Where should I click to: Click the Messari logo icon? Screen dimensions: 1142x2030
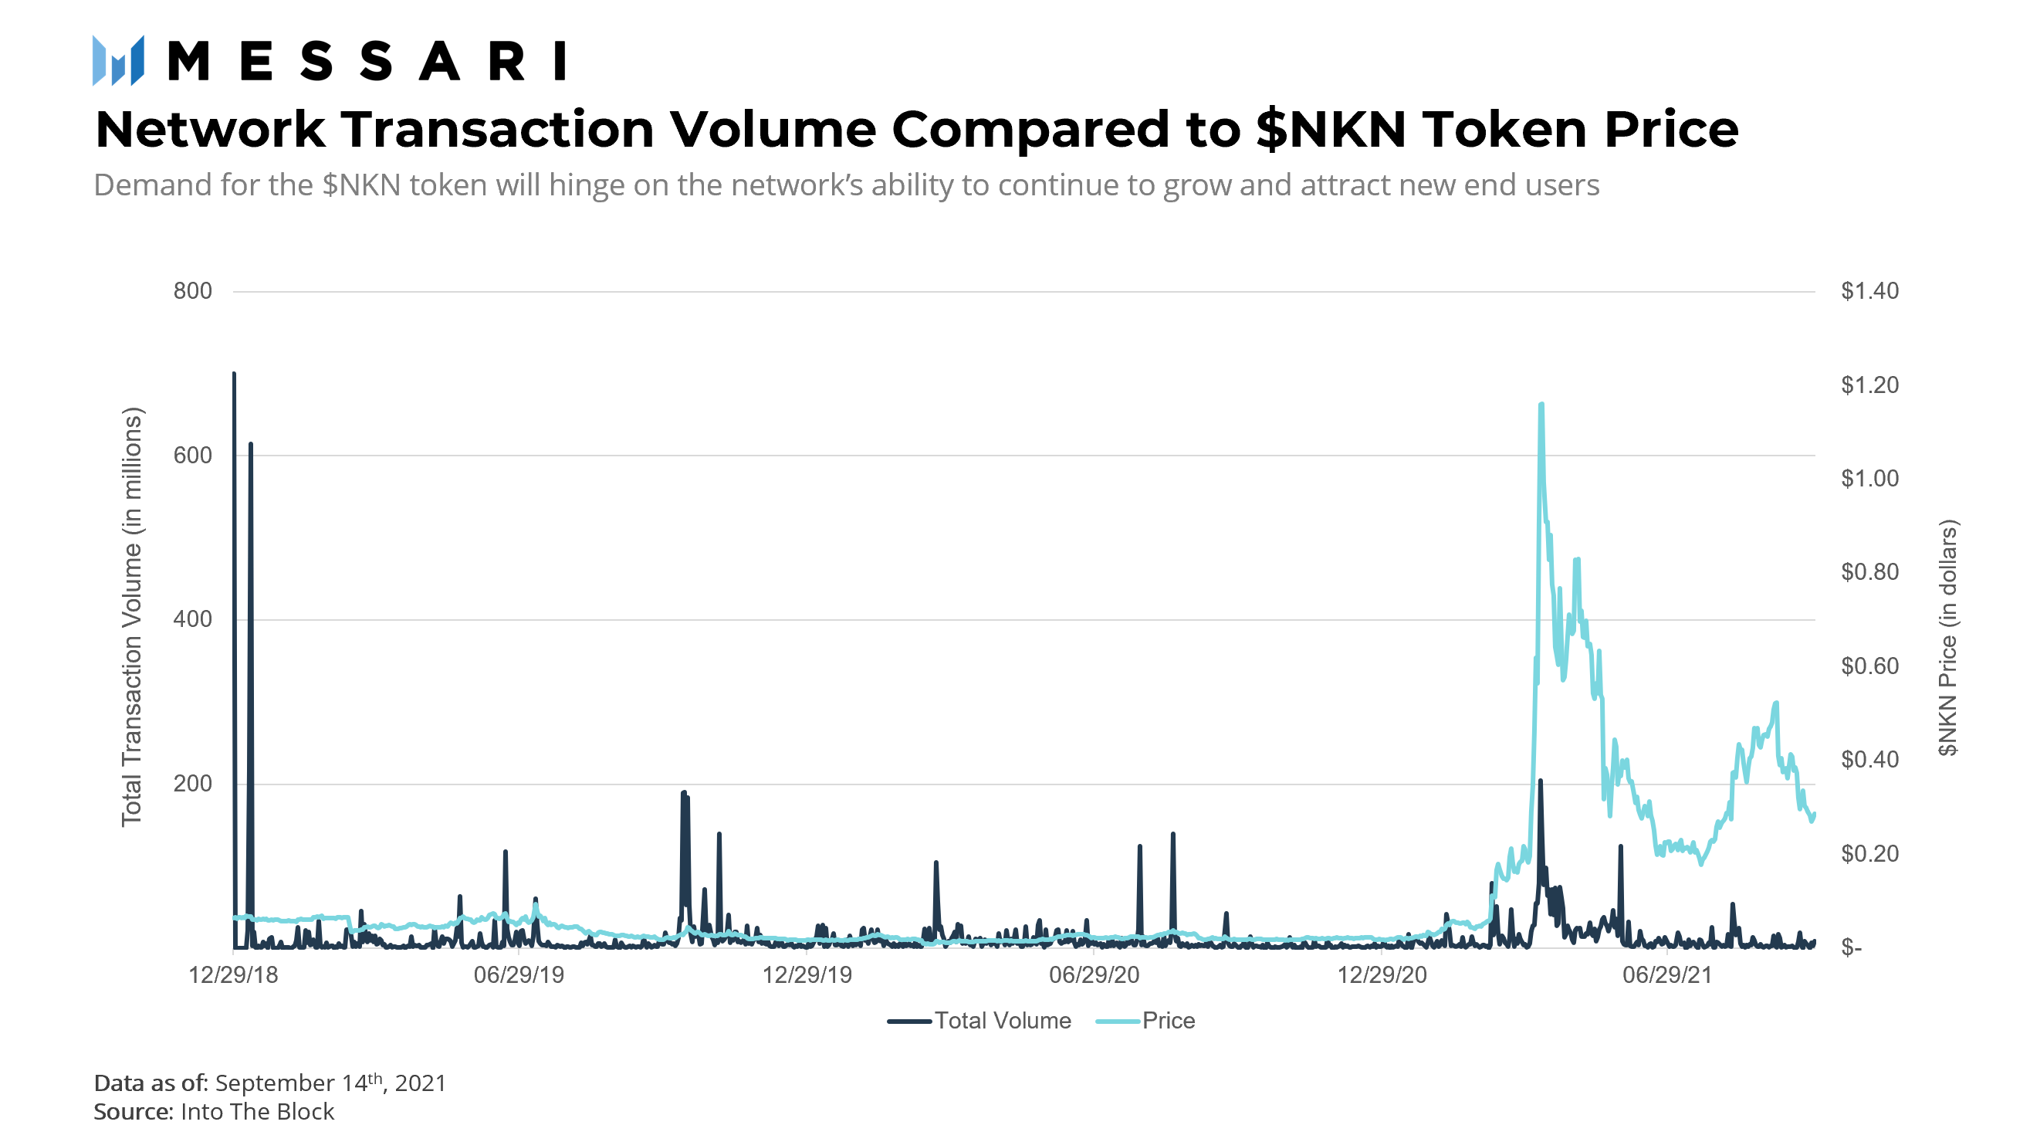coord(118,61)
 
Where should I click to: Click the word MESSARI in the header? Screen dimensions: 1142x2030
coord(367,62)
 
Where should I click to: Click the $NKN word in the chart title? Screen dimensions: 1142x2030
coord(1331,129)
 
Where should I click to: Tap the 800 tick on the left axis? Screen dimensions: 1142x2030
coord(192,291)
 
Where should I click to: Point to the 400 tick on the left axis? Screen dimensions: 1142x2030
coord(192,619)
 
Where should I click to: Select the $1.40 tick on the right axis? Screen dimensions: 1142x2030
coord(1869,291)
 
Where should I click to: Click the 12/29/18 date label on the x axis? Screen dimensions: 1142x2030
coord(233,976)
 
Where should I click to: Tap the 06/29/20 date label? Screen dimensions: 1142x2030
coord(1094,976)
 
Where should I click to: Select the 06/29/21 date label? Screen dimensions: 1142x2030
coord(1667,976)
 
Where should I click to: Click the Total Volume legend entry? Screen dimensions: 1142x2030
coord(979,1022)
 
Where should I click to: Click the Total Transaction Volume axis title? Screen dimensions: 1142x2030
coord(132,618)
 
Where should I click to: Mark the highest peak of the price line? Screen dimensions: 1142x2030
coord(1541,405)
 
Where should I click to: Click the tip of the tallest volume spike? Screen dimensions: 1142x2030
coord(234,374)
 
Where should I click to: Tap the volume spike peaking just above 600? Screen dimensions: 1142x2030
coord(251,445)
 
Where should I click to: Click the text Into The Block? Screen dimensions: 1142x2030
coord(257,1112)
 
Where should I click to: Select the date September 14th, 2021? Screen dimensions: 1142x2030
coord(330,1083)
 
